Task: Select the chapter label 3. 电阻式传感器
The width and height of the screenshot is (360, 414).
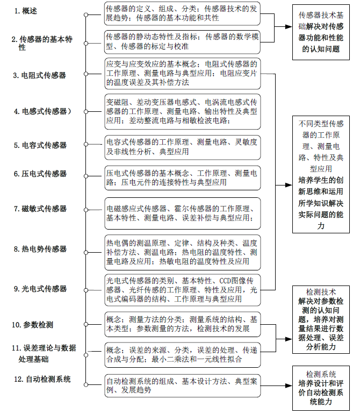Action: (40, 76)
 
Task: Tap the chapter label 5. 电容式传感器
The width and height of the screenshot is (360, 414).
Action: (40, 145)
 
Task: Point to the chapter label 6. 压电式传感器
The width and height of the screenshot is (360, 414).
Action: (40, 174)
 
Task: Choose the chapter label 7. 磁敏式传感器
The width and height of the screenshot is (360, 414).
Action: (40, 209)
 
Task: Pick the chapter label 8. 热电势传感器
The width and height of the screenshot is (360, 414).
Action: (40, 249)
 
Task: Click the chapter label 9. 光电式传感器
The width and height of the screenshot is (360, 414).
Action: (40, 289)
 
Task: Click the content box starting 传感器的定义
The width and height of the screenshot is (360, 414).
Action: (182, 13)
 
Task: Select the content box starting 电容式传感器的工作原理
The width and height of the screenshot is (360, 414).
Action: (182, 147)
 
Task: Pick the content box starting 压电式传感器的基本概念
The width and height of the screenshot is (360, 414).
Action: (182, 178)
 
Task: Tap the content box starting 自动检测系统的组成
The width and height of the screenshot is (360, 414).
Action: (182, 386)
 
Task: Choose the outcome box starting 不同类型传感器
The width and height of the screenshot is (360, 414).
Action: (321, 175)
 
